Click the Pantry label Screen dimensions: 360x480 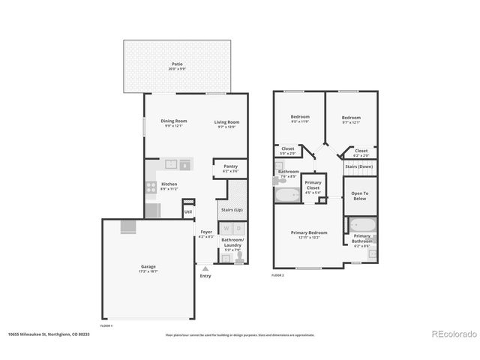pos(230,167)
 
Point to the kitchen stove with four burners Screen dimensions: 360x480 pos(150,187)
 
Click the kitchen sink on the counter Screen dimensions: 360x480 pos(169,163)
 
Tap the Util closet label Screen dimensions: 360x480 pos(187,211)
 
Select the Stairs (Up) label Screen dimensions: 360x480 pos(229,209)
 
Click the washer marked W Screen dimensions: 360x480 pos(225,229)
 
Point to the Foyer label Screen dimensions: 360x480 pos(205,232)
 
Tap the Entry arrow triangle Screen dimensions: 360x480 pos(205,267)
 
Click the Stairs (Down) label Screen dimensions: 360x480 pos(359,166)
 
